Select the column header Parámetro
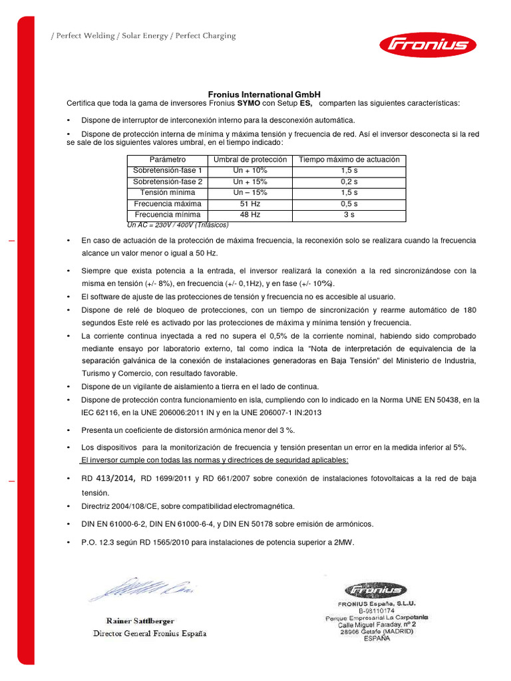(x=168, y=160)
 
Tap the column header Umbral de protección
(x=250, y=160)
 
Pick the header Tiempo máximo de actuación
(x=349, y=160)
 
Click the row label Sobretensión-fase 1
(x=168, y=170)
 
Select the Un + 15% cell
(x=250, y=182)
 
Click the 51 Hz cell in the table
(x=250, y=204)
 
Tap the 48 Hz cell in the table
(x=250, y=215)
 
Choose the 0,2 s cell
(x=349, y=182)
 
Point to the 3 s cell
(x=349, y=215)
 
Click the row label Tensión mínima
(x=168, y=193)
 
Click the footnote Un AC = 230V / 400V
(x=177, y=225)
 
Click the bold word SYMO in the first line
(x=249, y=103)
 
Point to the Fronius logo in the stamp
(x=373, y=589)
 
